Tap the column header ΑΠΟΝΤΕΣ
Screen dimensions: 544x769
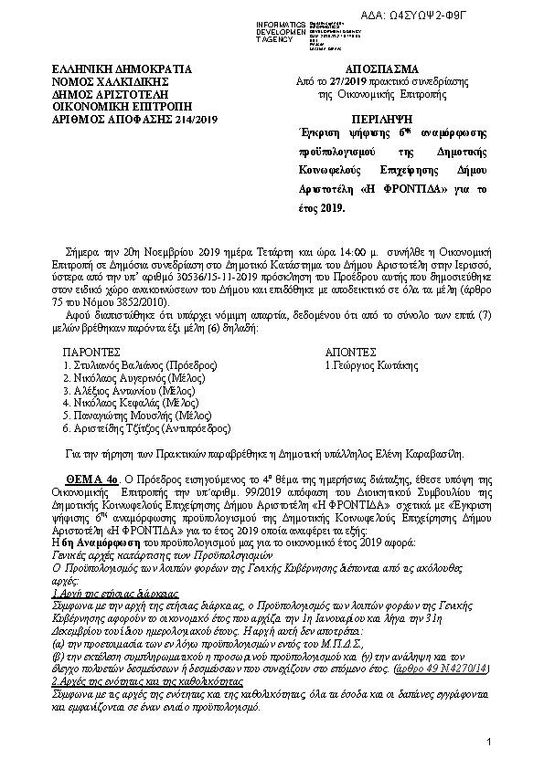(x=351, y=351)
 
